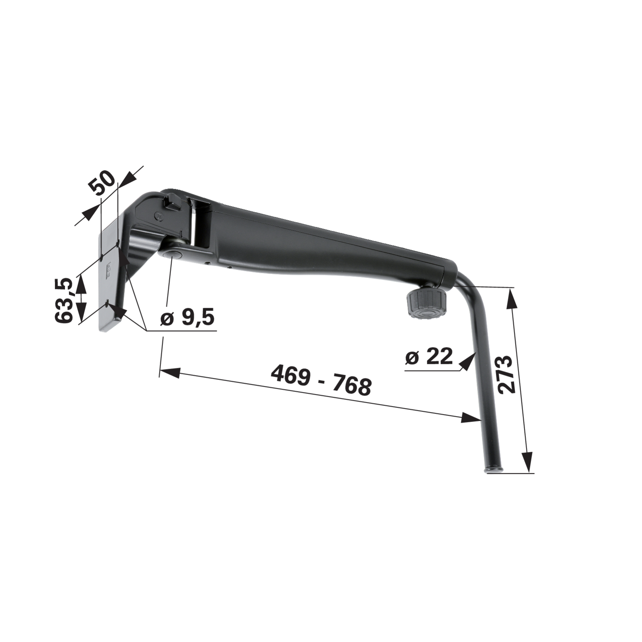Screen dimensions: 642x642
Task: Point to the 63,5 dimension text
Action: (64, 300)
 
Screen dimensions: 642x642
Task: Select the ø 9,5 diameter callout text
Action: (187, 318)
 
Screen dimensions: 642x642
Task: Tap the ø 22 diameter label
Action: (429, 356)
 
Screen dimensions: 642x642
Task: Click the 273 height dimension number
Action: (505, 374)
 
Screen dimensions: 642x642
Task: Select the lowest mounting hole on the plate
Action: (107, 304)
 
